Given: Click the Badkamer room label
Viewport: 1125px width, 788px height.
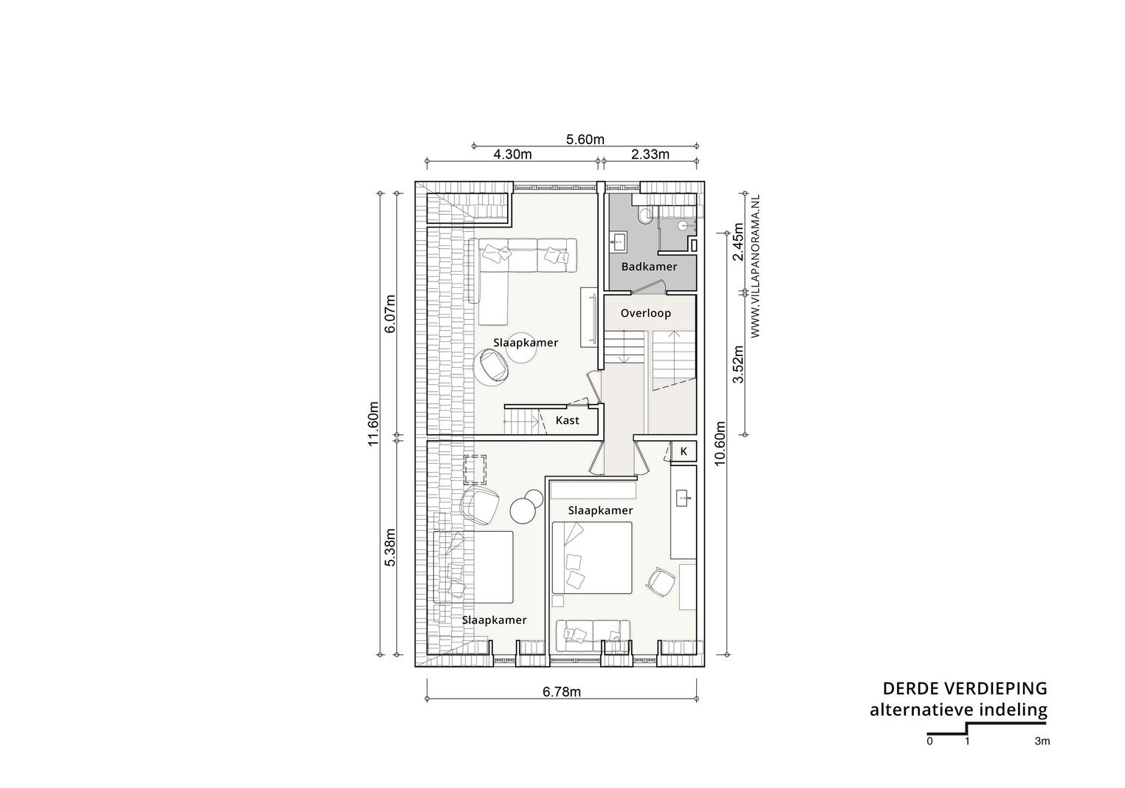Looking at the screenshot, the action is (649, 267).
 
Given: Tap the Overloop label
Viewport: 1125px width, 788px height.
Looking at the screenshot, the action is (645, 314).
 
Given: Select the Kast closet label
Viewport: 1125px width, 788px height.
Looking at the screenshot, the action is (567, 421).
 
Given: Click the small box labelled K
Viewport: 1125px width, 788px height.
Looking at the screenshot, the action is (684, 452).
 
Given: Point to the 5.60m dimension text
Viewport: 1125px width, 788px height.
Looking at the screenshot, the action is (585, 140).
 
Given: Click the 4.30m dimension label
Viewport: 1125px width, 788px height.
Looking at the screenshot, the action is (512, 154).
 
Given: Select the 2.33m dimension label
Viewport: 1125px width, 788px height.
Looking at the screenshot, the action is (650, 154).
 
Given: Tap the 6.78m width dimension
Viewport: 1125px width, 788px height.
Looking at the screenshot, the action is (562, 692).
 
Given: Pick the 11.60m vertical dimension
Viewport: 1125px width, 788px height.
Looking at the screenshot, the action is (373, 424).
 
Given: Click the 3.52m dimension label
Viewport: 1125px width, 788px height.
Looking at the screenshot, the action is (737, 364).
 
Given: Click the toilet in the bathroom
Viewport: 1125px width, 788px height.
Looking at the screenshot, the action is (644, 215).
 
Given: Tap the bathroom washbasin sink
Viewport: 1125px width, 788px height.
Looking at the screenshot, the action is (618, 241).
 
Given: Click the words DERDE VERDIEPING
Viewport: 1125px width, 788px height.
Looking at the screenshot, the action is (965, 688).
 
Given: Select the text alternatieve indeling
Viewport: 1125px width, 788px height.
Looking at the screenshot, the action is (959, 710).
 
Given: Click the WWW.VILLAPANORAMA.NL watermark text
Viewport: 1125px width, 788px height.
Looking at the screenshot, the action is (755, 266).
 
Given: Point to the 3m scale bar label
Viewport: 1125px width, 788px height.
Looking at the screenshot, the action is (1042, 741).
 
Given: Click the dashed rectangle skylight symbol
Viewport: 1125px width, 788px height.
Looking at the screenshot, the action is (475, 469).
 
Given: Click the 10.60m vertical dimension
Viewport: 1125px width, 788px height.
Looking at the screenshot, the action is (720, 443).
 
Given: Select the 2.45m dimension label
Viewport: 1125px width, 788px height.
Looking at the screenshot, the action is (737, 242).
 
